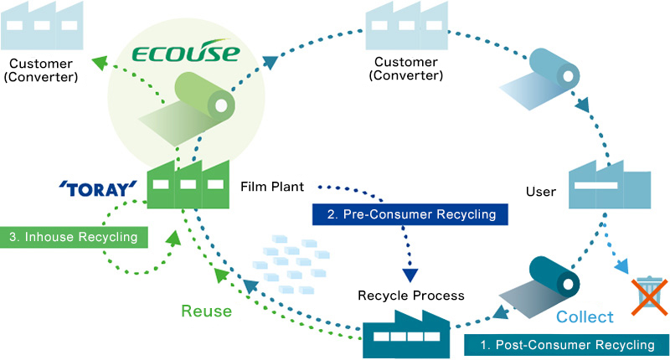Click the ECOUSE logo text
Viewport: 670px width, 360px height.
[185, 52]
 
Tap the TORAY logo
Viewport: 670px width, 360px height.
[98, 189]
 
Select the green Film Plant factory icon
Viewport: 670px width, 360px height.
[188, 184]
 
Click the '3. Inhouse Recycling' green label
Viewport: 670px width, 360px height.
[74, 237]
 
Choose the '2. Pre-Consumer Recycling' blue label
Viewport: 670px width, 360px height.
[410, 214]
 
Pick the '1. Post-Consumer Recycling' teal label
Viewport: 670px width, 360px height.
[567, 345]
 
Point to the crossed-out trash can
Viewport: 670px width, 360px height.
[650, 296]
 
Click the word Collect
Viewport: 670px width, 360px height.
[585, 316]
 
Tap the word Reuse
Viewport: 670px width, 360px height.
[206, 311]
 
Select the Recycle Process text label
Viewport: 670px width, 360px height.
[411, 296]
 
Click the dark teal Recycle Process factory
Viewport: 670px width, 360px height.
[406, 334]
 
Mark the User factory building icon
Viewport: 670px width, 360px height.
[610, 184]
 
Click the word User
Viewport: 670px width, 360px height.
[541, 192]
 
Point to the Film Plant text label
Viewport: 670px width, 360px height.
[272, 187]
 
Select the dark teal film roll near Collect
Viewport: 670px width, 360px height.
[539, 287]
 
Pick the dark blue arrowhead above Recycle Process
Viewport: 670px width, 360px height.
[410, 275]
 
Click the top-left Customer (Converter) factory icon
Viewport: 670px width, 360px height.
[41, 26]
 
